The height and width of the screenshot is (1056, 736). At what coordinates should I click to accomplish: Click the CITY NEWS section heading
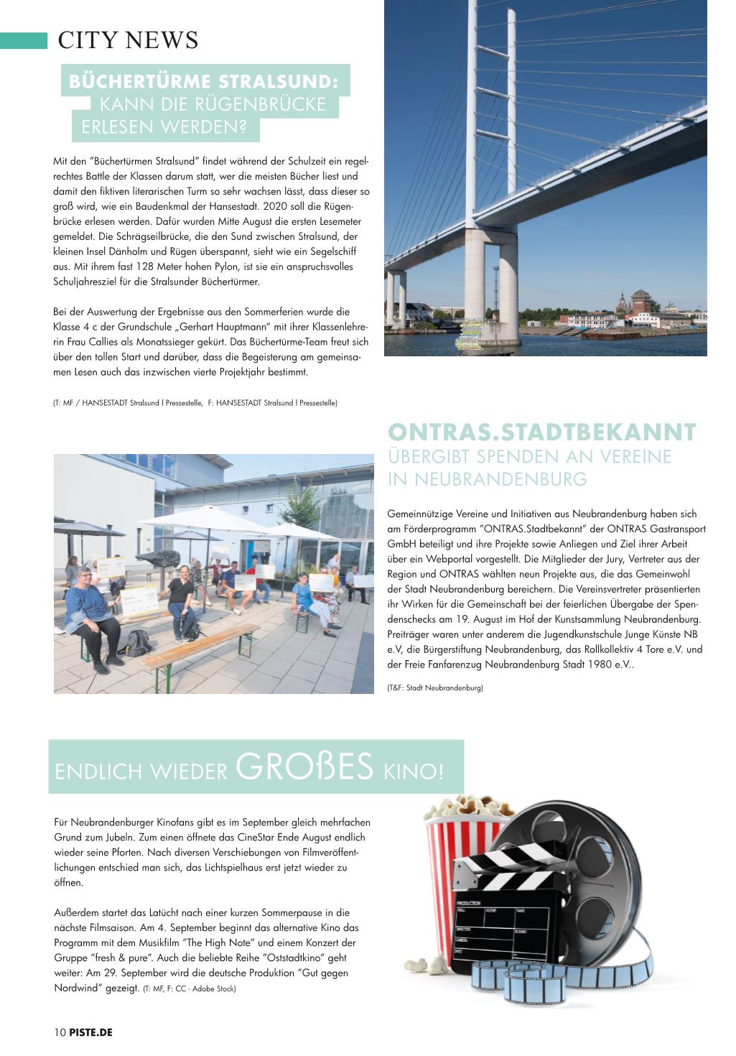click(128, 40)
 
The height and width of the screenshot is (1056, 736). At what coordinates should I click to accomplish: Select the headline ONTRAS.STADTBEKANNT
click(541, 432)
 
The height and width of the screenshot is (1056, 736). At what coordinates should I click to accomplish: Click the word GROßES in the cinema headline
click(304, 766)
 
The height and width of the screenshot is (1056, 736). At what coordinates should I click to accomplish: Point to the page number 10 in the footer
click(60, 1033)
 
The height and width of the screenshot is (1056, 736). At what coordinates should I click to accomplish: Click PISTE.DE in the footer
click(91, 1033)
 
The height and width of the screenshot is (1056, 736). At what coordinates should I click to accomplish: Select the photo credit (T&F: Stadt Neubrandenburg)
click(435, 688)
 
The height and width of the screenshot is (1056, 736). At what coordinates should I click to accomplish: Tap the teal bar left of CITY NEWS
click(23, 40)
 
